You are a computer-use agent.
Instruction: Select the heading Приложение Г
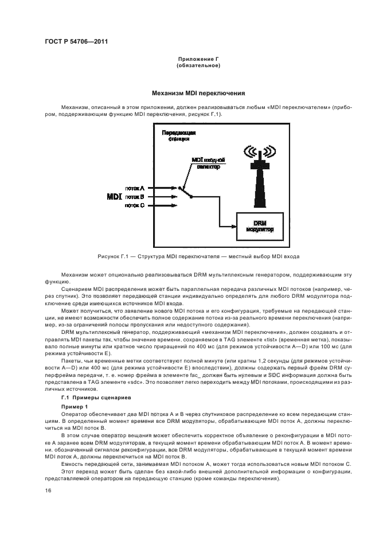coord(198,59)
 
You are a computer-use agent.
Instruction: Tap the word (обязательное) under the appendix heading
coord(198,65)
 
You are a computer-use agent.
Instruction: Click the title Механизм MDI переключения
coord(198,92)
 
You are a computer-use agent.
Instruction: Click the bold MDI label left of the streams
coord(115,197)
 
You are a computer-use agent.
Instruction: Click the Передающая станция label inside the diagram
coord(178,135)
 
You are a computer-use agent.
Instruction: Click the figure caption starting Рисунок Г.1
coord(190,256)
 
